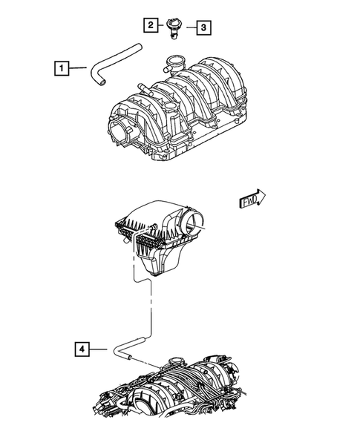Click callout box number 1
point(63,69)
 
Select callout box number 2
point(151,26)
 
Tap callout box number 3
point(203,28)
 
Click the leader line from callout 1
point(82,69)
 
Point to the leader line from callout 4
point(102,348)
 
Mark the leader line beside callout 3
point(189,28)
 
